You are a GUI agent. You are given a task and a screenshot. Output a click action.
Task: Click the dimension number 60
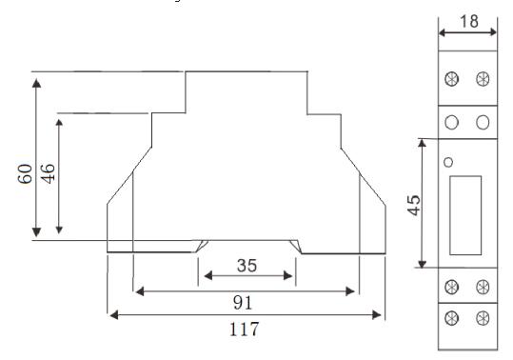25,173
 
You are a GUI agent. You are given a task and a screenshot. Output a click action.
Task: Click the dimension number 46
48,173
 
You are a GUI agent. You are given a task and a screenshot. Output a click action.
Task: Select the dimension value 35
247,266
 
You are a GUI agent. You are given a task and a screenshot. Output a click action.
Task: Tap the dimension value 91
243,303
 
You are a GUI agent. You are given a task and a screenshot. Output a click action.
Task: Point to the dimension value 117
244,330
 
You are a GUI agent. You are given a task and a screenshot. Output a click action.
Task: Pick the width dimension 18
469,22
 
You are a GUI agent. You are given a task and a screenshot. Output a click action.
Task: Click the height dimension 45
414,205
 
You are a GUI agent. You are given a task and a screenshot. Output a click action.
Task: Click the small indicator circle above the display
448,162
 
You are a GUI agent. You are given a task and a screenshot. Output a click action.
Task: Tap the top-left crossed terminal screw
452,79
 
